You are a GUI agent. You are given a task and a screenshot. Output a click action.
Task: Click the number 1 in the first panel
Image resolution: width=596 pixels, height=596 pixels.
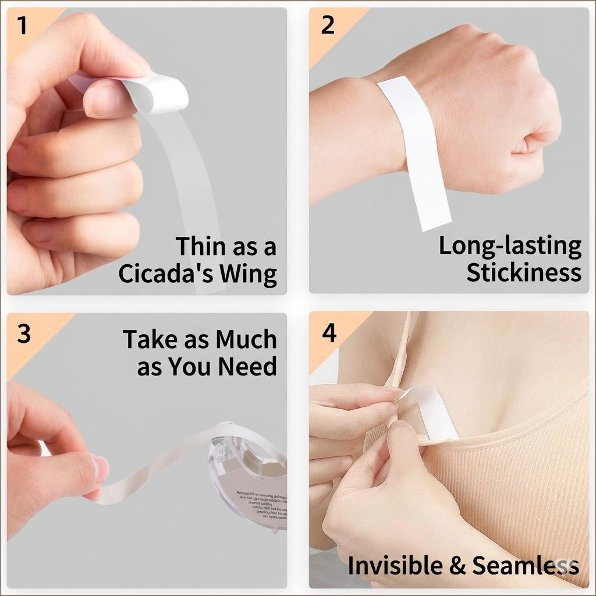tap(22, 27)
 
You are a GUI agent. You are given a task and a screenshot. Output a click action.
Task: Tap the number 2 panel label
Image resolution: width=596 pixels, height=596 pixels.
tap(328, 26)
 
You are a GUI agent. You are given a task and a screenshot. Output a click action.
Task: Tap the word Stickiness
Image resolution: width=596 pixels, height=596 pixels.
tap(523, 272)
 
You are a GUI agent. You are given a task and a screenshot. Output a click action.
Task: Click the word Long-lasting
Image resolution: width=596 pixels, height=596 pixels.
tap(510, 246)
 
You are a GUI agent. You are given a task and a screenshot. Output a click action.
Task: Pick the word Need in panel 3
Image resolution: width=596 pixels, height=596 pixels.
tap(247, 367)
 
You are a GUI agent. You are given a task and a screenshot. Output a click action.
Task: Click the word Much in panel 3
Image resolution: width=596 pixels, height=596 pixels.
tap(246, 339)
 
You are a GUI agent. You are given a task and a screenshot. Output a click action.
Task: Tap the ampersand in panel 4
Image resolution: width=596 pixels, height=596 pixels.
tap(458, 566)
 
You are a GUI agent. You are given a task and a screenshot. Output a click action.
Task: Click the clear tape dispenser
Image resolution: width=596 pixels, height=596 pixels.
tap(250, 471)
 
